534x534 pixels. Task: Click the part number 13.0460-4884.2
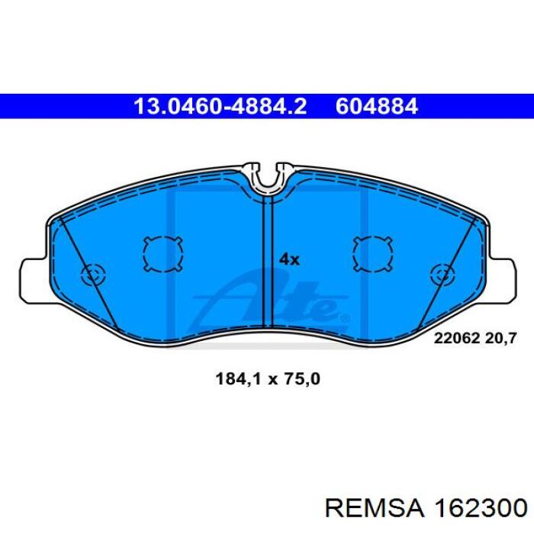tap(220, 106)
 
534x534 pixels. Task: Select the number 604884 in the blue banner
tap(376, 106)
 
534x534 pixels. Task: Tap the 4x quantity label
tap(289, 260)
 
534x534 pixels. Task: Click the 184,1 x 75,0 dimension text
tap(268, 378)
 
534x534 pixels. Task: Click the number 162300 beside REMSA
tap(480, 509)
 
